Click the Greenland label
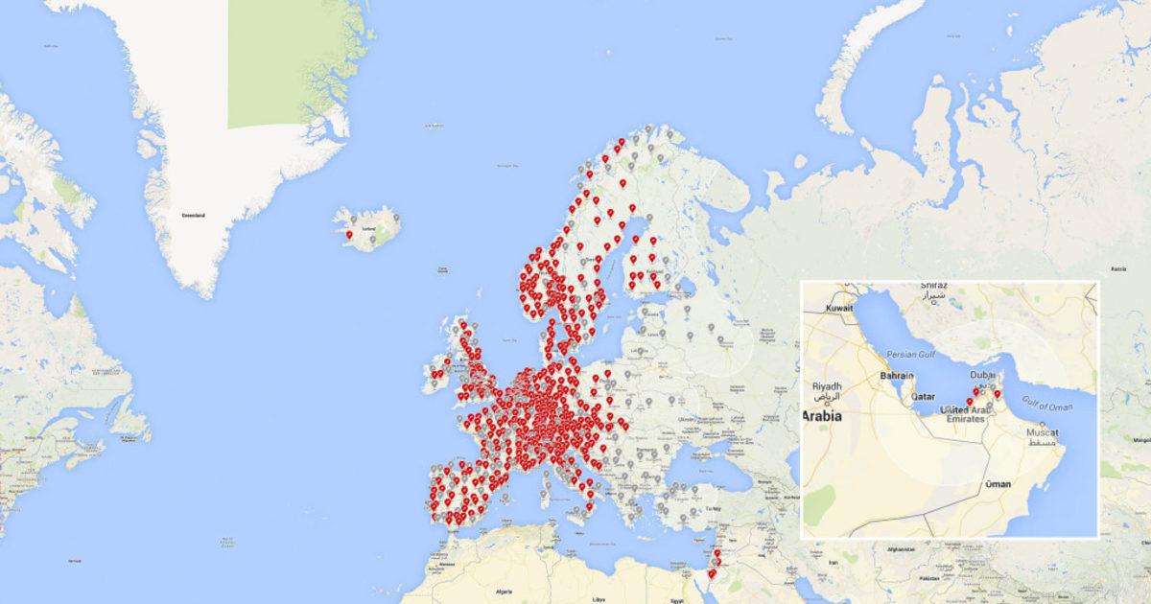point(193,216)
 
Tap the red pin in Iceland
point(349,235)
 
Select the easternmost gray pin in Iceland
point(396,219)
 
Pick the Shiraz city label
point(932,287)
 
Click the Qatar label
point(923,396)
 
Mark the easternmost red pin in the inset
point(998,394)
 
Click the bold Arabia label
point(823,416)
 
